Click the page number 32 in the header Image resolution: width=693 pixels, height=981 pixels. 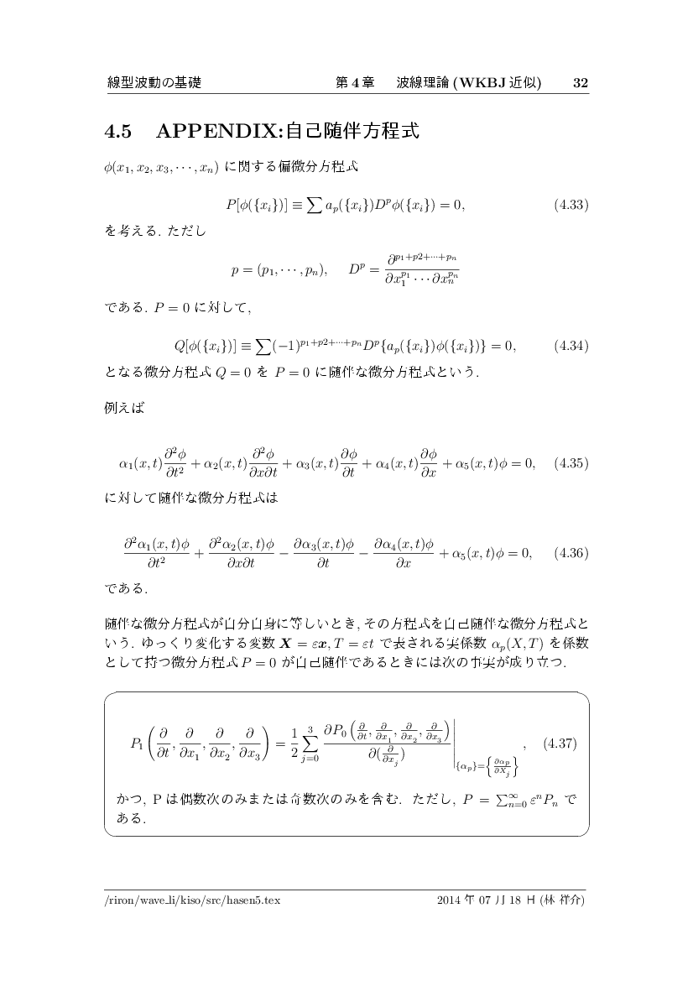[580, 83]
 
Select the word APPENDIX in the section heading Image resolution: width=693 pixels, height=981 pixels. [220, 132]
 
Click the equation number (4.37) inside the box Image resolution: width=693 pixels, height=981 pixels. [560, 744]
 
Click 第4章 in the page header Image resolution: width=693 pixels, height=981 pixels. [354, 83]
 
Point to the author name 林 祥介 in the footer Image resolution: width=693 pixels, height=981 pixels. [565, 900]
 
